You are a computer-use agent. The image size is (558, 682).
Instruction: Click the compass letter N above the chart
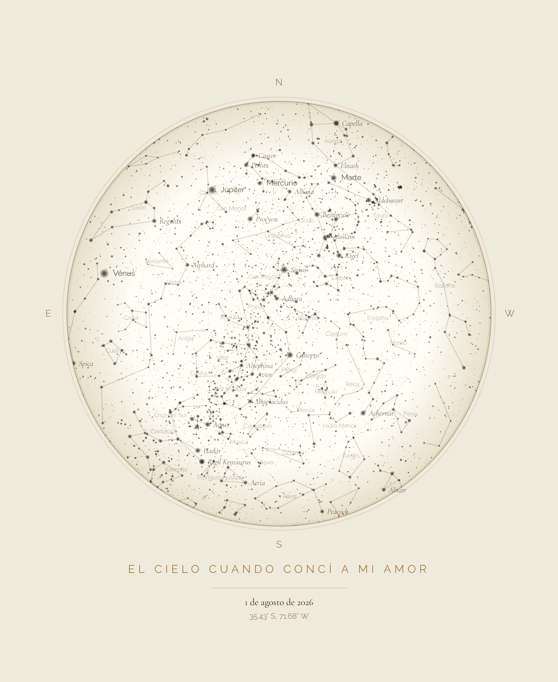click(x=279, y=82)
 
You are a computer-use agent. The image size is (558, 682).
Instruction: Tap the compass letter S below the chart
click(x=279, y=544)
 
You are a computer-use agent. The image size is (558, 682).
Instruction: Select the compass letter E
click(x=48, y=313)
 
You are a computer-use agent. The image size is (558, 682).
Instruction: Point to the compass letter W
click(x=509, y=313)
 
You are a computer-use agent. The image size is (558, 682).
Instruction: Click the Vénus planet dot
click(x=104, y=273)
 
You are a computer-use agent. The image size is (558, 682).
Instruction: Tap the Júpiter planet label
click(x=232, y=190)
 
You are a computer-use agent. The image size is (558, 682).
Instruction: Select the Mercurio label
click(x=282, y=183)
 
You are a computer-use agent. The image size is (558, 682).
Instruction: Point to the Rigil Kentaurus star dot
click(x=202, y=461)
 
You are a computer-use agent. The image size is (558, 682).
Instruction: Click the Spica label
click(x=86, y=364)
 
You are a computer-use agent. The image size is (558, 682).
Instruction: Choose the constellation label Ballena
click(x=445, y=286)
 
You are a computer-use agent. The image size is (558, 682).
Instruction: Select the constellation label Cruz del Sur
click(x=170, y=415)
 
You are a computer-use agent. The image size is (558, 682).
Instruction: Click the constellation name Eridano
click(x=377, y=318)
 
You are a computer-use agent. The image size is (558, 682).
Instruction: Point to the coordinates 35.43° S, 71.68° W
click(x=279, y=616)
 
